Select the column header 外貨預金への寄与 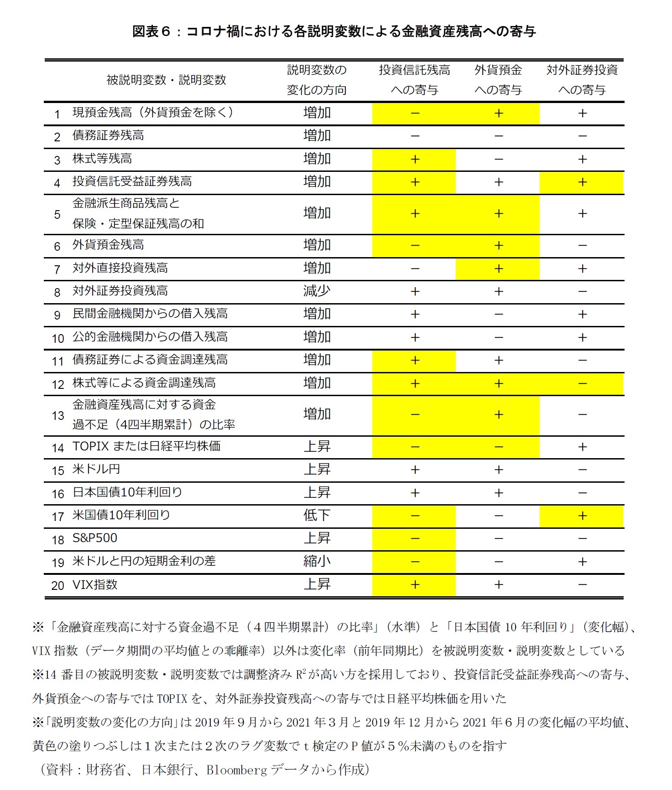pyautogui.click(x=498, y=80)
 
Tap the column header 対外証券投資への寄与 pyautogui.click(x=582, y=80)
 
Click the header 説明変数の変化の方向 pyautogui.click(x=317, y=80)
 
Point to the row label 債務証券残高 pyautogui.click(x=108, y=136)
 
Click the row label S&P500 pyautogui.click(x=95, y=538)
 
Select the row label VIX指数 pyautogui.click(x=95, y=584)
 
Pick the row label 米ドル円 pyautogui.click(x=96, y=470)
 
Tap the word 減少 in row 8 pyautogui.click(x=317, y=291)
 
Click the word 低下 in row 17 pyautogui.click(x=317, y=516)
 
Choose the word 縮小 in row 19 pyautogui.click(x=317, y=561)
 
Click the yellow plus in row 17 pyautogui.click(x=582, y=516)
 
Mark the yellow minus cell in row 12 pyautogui.click(x=582, y=384)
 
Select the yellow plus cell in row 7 pyautogui.click(x=498, y=269)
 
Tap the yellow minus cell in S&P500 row pyautogui.click(x=414, y=539)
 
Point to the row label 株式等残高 pyautogui.click(x=102, y=159)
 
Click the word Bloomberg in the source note pyautogui.click(x=236, y=770)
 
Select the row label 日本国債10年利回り pyautogui.click(x=127, y=492)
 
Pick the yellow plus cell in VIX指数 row pyautogui.click(x=414, y=585)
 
